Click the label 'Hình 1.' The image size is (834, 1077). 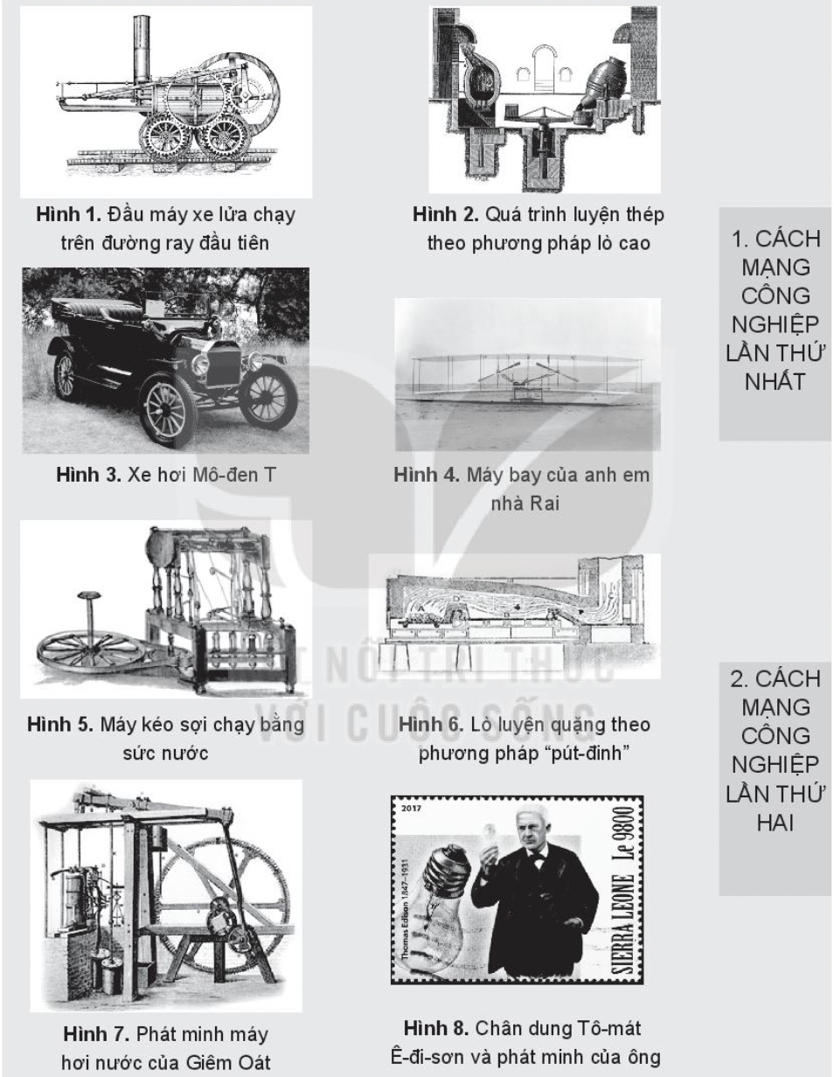tap(68, 214)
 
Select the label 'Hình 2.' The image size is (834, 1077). tap(446, 214)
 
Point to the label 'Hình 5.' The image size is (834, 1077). tap(60, 725)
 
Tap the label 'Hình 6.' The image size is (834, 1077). tap(431, 725)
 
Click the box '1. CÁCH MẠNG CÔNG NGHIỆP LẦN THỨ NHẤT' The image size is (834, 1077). tap(775, 323)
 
